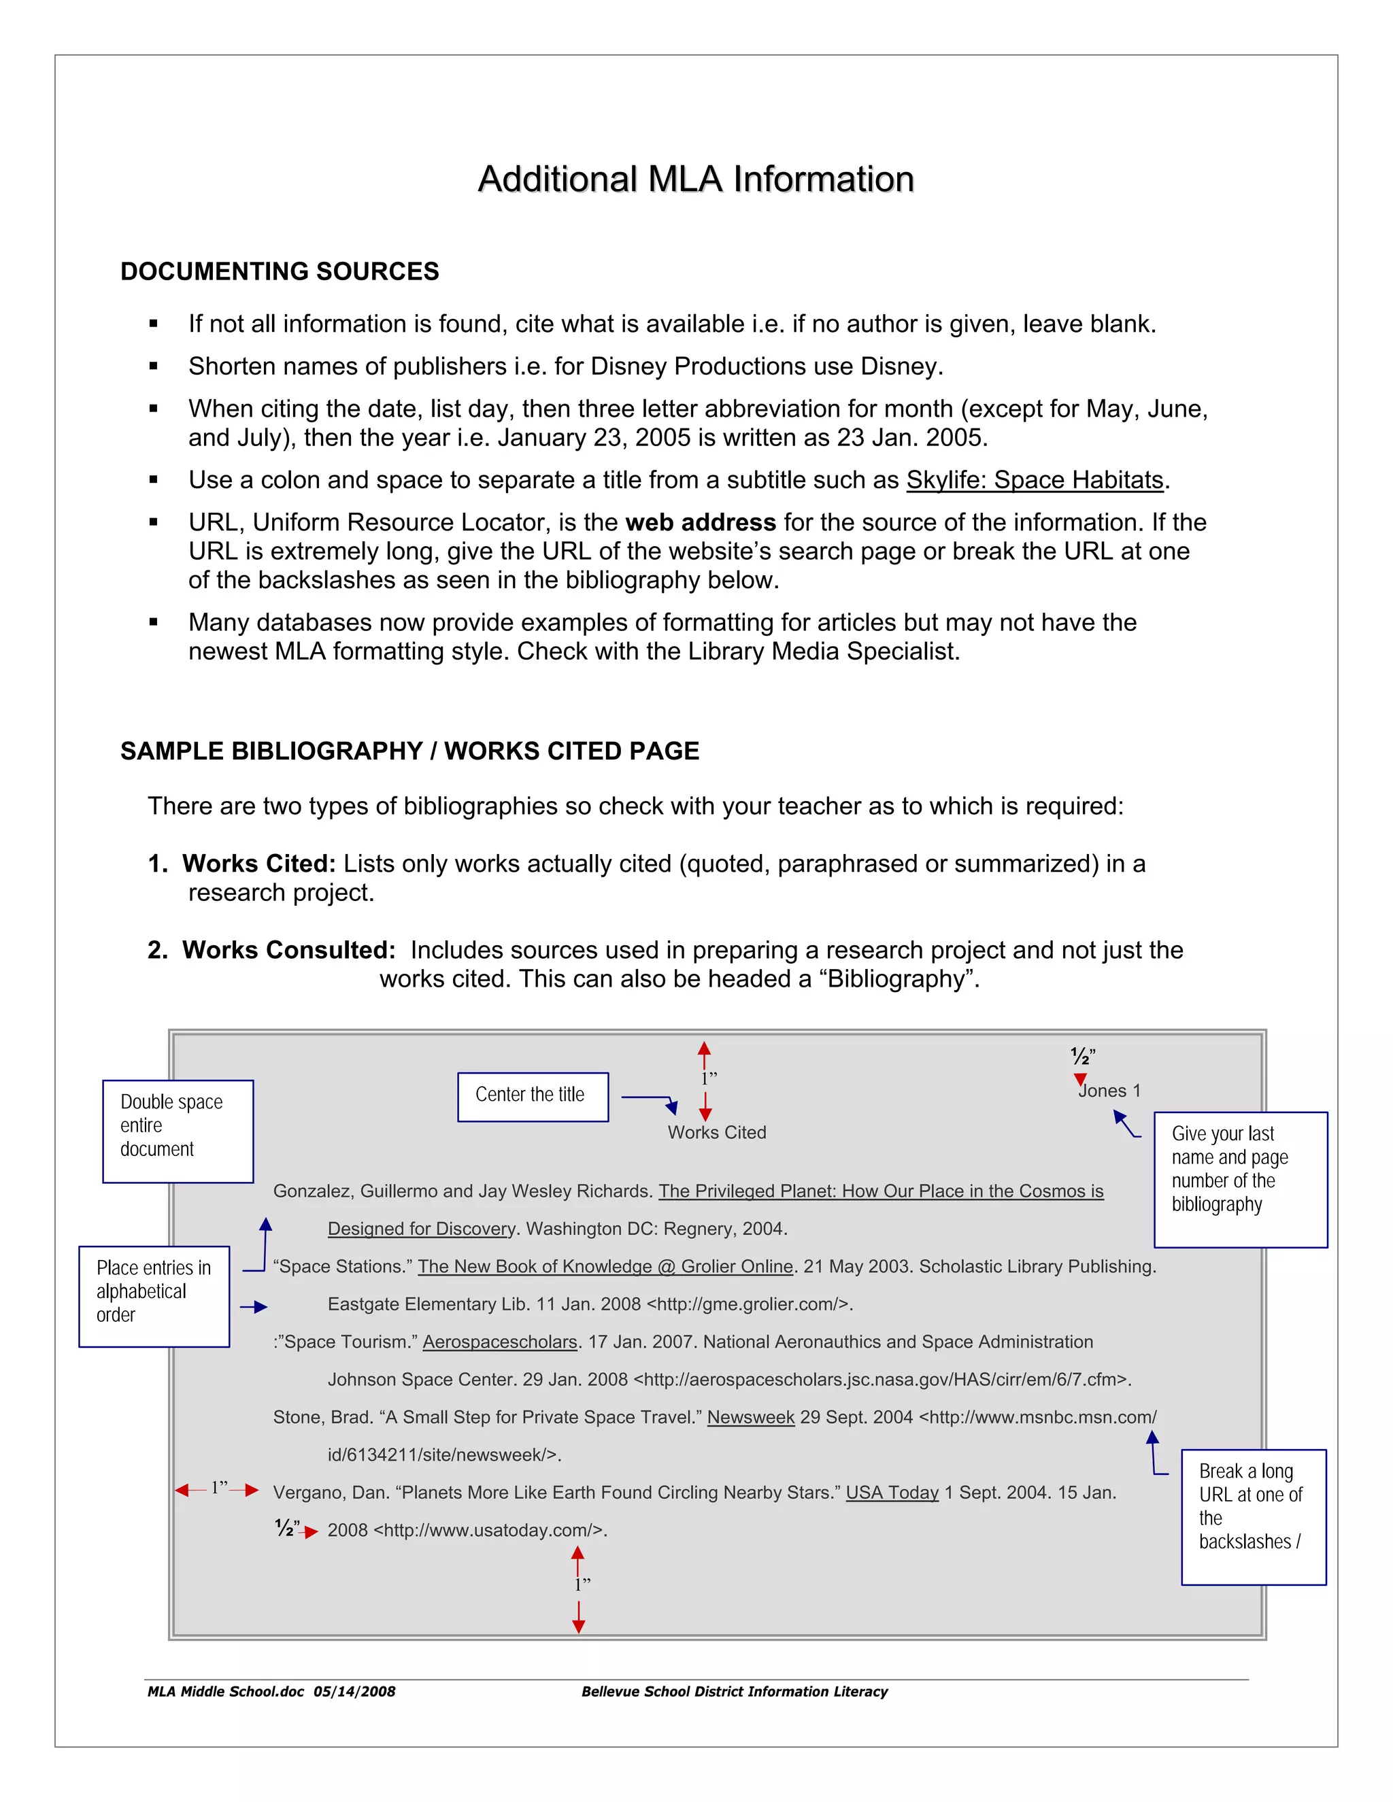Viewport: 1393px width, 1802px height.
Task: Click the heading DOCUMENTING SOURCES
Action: coord(279,271)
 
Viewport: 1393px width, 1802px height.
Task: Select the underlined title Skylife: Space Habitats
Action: coord(1034,480)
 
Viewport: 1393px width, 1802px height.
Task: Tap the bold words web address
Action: coord(700,522)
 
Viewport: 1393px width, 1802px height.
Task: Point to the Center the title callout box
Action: coord(533,1097)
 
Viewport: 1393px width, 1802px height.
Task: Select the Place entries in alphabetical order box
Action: coord(154,1296)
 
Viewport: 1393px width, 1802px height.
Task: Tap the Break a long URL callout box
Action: coord(1253,1516)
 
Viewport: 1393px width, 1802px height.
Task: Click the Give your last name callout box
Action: coord(1239,1179)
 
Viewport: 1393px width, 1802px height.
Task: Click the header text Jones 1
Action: coord(1109,1091)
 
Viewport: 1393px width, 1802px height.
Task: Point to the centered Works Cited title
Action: coord(716,1133)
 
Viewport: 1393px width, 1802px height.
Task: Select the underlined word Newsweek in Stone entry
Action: coord(750,1418)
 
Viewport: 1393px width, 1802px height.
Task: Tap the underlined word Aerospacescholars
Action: coord(499,1342)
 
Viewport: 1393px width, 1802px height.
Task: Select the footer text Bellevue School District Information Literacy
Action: coord(734,1691)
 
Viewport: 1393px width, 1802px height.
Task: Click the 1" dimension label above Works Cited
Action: coord(709,1078)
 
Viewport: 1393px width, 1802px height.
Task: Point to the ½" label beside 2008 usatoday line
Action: coord(287,1529)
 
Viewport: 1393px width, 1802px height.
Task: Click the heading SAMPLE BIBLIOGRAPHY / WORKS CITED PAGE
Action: coord(409,751)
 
